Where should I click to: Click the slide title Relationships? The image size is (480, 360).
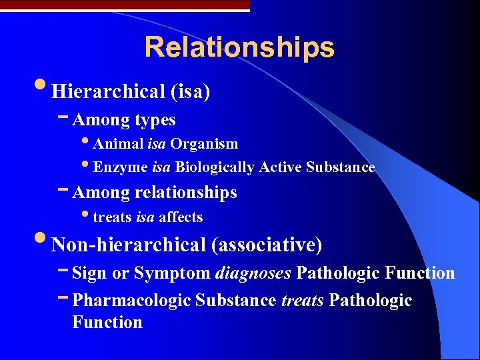click(x=239, y=47)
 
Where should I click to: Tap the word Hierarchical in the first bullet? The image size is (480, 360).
click(x=108, y=91)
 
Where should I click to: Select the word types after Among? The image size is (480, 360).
click(x=155, y=120)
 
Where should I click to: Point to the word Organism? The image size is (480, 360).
click(x=204, y=144)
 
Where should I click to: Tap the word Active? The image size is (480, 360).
click(x=281, y=167)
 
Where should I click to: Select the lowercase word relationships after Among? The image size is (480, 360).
click(x=185, y=193)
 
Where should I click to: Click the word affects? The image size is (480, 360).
click(x=181, y=217)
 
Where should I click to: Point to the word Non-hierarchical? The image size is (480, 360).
click(x=128, y=245)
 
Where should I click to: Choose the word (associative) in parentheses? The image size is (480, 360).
click(x=267, y=245)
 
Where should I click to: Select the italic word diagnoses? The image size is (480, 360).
click(x=253, y=273)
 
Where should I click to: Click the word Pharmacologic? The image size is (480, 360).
click(x=131, y=301)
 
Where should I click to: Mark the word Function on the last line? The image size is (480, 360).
click(x=107, y=323)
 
